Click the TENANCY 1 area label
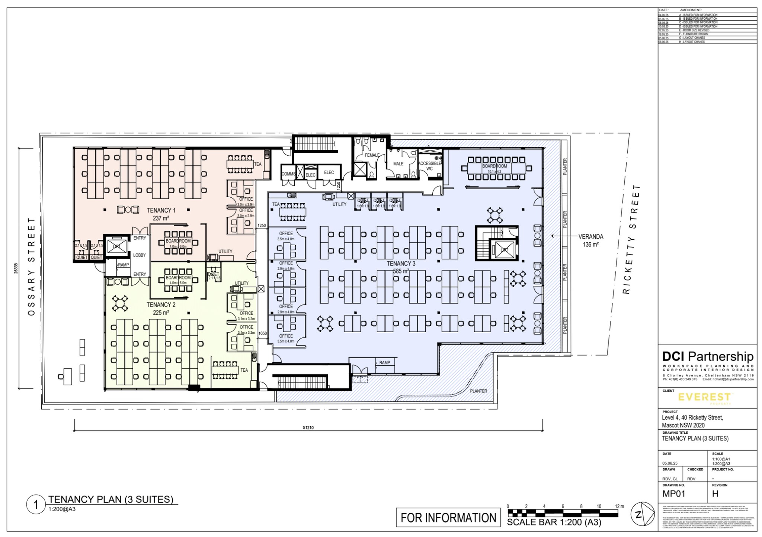click(161, 210)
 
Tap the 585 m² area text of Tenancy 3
click(401, 271)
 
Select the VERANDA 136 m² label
click(590, 240)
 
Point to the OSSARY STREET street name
click(32, 266)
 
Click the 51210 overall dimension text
click(308, 428)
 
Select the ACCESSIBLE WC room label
click(429, 166)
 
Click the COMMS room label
click(288, 174)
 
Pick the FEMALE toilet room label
click(372, 155)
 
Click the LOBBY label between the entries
click(140, 255)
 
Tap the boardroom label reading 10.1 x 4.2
click(494, 169)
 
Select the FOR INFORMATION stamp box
click(448, 518)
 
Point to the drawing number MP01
click(673, 494)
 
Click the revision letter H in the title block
click(715, 494)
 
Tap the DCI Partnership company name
click(708, 356)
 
